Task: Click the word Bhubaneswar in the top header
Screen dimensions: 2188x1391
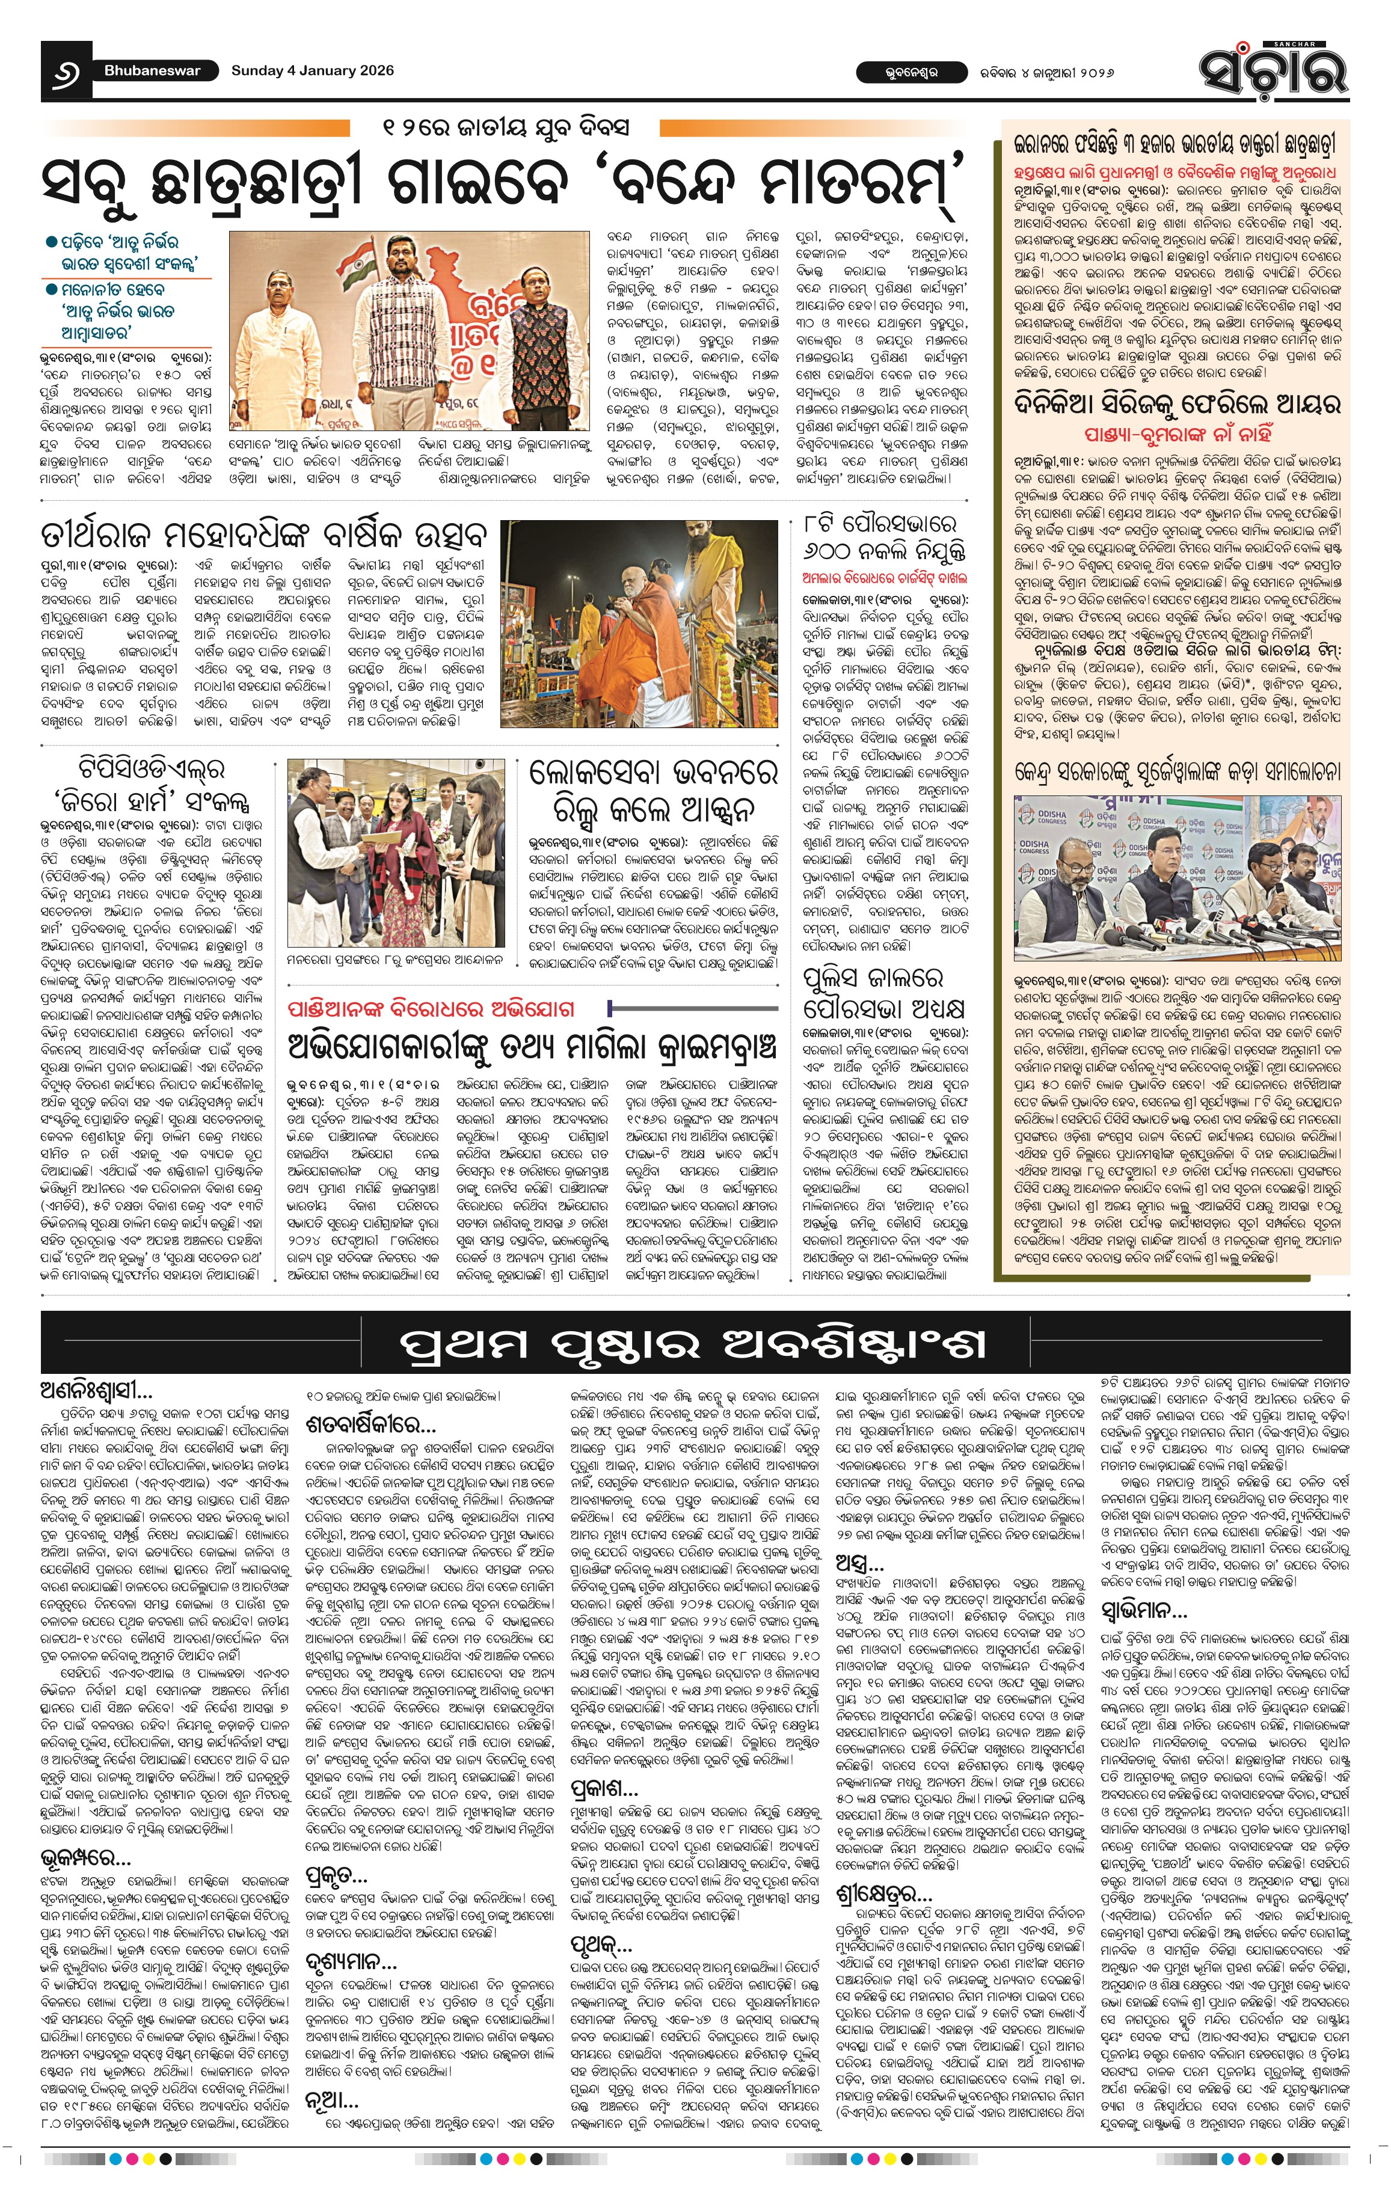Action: pyautogui.click(x=152, y=71)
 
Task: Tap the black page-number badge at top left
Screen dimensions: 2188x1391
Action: pyautogui.click(x=66, y=72)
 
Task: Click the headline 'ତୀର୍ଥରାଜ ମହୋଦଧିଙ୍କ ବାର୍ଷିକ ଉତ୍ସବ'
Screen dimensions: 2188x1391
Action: pyautogui.click(x=263, y=533)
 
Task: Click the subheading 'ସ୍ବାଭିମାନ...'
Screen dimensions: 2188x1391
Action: pyautogui.click(x=1143, y=1611)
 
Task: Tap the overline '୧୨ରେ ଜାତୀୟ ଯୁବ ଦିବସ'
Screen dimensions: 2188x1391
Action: pyautogui.click(x=505, y=127)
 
